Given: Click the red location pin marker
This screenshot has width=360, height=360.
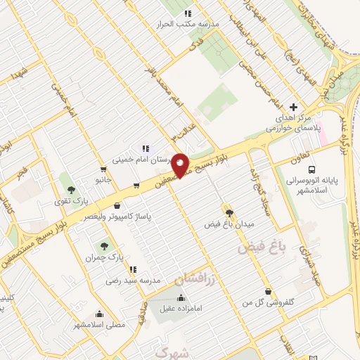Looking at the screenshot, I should [x=180, y=165].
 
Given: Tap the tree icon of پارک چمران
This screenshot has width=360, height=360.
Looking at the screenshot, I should [x=104, y=245].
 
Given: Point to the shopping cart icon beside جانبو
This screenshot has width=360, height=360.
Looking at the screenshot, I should [x=103, y=169].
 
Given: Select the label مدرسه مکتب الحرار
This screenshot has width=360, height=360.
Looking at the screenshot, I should [x=188, y=23].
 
